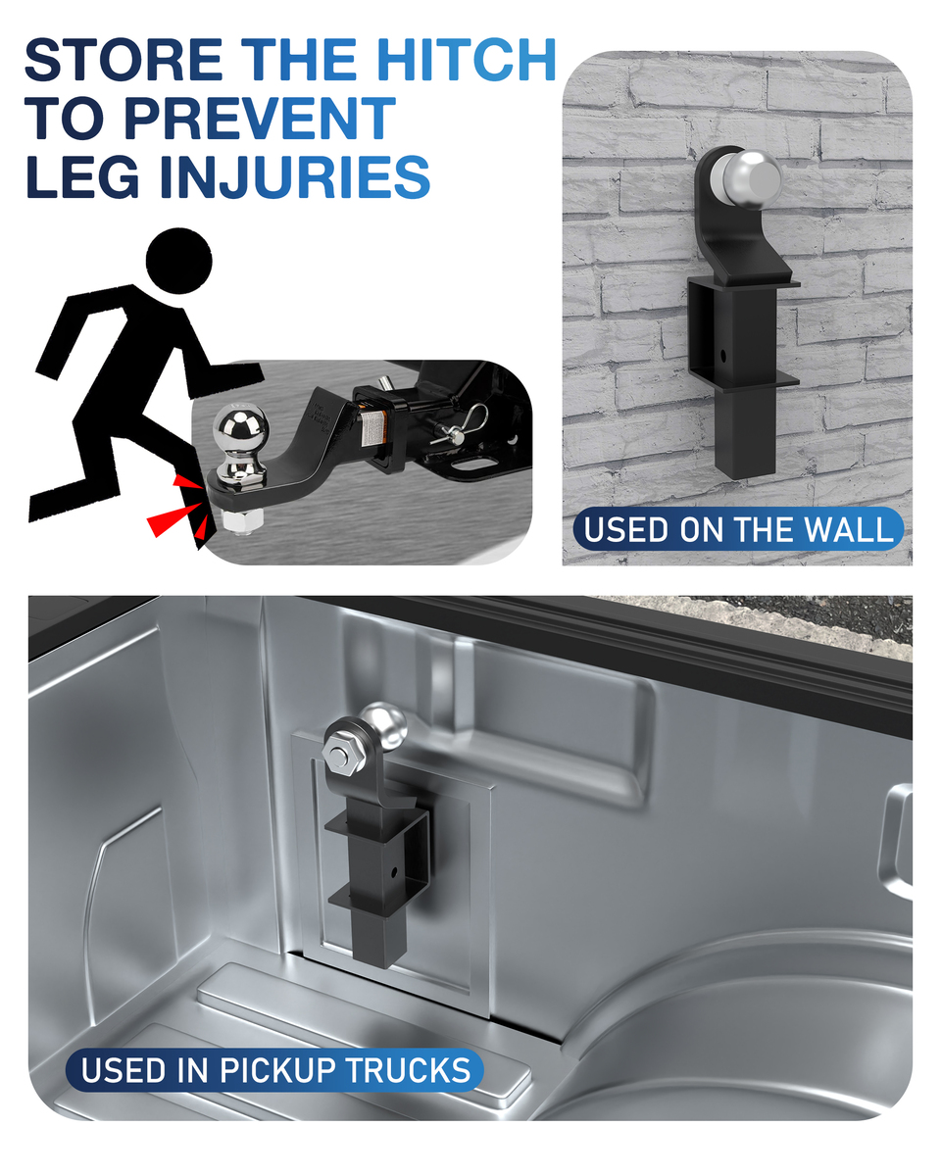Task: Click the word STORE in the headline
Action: [124, 59]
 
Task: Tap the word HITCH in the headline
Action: [466, 59]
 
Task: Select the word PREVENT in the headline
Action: [260, 118]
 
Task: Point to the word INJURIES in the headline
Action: [295, 176]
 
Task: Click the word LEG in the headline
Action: [82, 176]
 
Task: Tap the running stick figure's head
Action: [178, 262]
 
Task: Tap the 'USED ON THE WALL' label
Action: [738, 528]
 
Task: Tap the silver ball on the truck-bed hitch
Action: [384, 727]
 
